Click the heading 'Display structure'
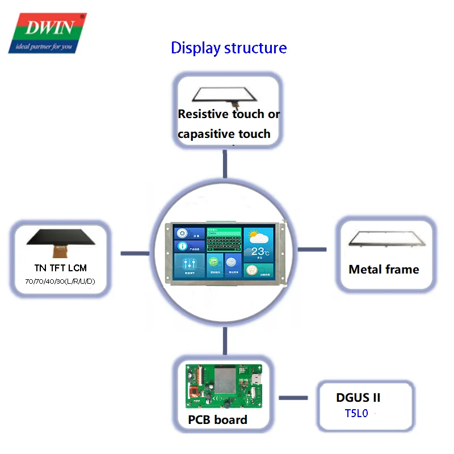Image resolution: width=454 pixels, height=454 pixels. [x=229, y=48]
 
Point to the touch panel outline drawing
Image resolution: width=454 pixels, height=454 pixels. [x=229, y=94]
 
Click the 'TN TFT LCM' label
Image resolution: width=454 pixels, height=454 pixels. [x=60, y=268]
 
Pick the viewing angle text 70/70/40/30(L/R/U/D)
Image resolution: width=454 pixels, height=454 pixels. [x=60, y=281]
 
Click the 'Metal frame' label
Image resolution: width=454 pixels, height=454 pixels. [x=384, y=270]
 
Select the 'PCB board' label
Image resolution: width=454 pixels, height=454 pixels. [x=218, y=420]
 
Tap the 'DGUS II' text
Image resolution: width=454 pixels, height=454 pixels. [x=358, y=398]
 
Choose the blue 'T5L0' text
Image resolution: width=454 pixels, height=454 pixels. [x=356, y=414]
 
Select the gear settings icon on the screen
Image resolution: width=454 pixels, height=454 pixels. [x=182, y=233]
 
